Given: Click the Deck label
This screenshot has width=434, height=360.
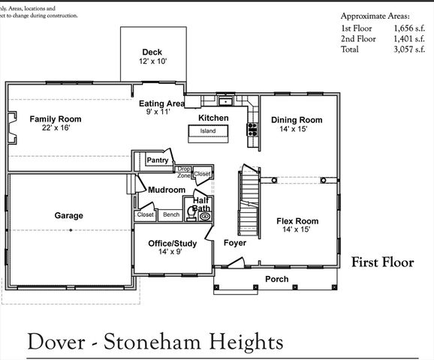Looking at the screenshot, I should pyautogui.click(x=152, y=52).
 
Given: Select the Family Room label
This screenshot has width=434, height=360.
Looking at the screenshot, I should pyautogui.click(x=56, y=119).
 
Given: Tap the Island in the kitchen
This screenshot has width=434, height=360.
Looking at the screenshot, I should pyautogui.click(x=207, y=131).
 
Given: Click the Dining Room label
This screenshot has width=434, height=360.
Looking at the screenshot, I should pyautogui.click(x=297, y=120).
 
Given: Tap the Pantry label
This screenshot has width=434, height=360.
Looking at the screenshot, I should pyautogui.click(x=158, y=160).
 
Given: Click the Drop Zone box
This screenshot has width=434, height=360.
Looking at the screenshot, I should pyautogui.click(x=184, y=172).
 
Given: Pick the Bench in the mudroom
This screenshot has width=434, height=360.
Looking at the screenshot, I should pyautogui.click(x=171, y=215).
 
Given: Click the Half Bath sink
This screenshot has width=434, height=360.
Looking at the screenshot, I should pyautogui.click(x=205, y=216).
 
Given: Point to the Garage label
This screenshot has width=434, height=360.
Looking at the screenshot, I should pyautogui.click(x=68, y=216).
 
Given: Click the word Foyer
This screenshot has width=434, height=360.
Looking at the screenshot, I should pyautogui.click(x=235, y=244).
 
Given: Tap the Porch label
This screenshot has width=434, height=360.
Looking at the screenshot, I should pyautogui.click(x=276, y=279).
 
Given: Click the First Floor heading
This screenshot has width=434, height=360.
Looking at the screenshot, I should pyautogui.click(x=382, y=262).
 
